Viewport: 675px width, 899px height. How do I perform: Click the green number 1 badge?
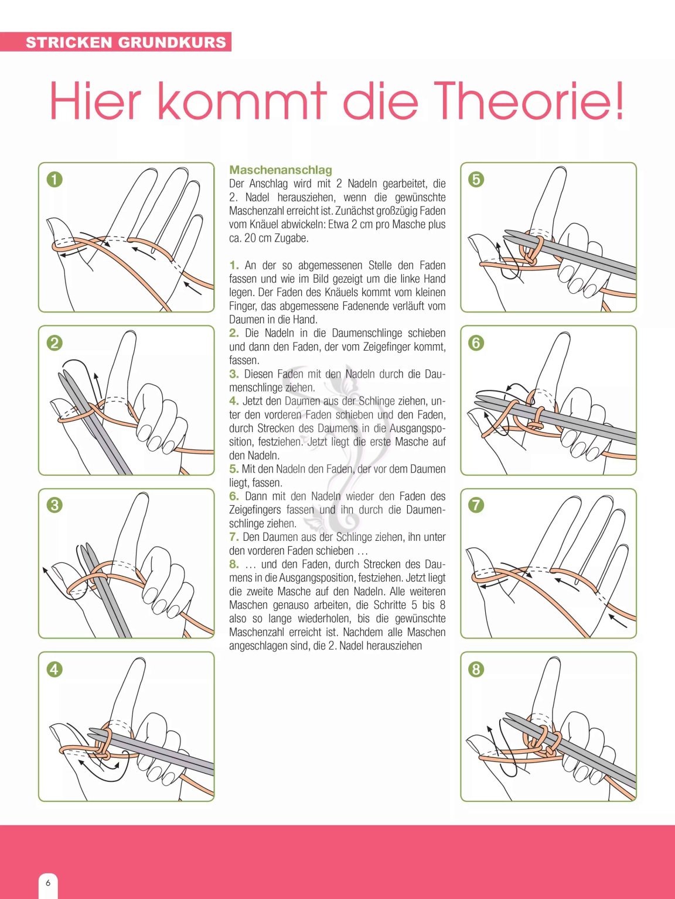[x=54, y=180]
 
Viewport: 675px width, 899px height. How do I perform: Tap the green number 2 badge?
[x=54, y=343]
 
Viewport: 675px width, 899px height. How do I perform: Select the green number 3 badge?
[x=54, y=505]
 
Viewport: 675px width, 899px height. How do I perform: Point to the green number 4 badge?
[x=54, y=670]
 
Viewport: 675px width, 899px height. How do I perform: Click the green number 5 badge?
[x=476, y=180]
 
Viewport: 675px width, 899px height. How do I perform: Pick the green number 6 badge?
[x=476, y=343]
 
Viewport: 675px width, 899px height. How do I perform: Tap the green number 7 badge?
[x=476, y=505]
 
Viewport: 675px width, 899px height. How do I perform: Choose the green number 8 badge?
[x=476, y=670]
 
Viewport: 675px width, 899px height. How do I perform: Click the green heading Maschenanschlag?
[x=280, y=170]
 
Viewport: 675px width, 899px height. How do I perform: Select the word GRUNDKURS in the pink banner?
[x=172, y=42]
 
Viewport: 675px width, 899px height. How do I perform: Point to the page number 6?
[x=48, y=882]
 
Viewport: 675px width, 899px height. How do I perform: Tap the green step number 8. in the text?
[x=234, y=564]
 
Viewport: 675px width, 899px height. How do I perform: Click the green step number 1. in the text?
[x=234, y=265]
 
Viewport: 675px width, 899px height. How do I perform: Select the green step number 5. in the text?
[x=234, y=469]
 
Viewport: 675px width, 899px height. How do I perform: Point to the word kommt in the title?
[x=242, y=100]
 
